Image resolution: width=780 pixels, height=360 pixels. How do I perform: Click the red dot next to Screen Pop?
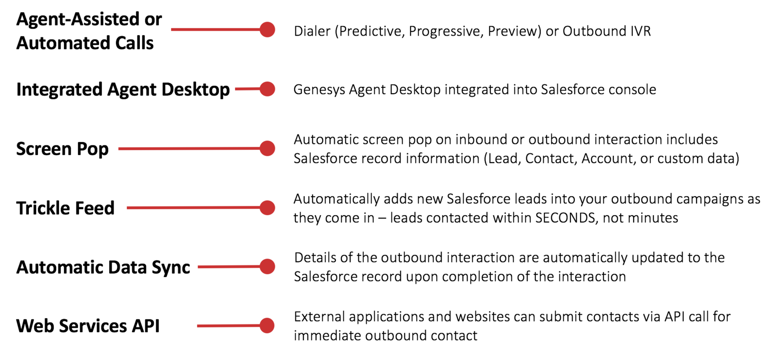[268, 148]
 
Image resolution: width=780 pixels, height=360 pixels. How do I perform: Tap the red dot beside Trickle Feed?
[268, 208]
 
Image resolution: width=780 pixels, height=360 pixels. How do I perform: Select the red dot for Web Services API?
[267, 325]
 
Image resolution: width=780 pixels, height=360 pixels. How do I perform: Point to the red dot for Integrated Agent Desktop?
[268, 89]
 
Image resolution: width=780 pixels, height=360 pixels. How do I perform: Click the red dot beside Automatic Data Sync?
[268, 267]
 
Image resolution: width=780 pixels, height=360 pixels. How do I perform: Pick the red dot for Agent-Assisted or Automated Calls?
[268, 29]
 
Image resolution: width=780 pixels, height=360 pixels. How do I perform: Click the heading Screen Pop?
[62, 149]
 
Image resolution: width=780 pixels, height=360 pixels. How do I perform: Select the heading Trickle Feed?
[65, 208]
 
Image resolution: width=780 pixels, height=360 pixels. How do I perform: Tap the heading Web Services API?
[88, 326]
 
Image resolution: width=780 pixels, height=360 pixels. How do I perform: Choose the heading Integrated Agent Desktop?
[123, 90]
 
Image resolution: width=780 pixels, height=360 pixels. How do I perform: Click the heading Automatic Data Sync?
[103, 267]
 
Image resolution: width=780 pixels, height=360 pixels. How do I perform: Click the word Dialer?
[312, 31]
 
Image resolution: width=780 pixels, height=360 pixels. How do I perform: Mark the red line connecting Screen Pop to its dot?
[190, 148]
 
